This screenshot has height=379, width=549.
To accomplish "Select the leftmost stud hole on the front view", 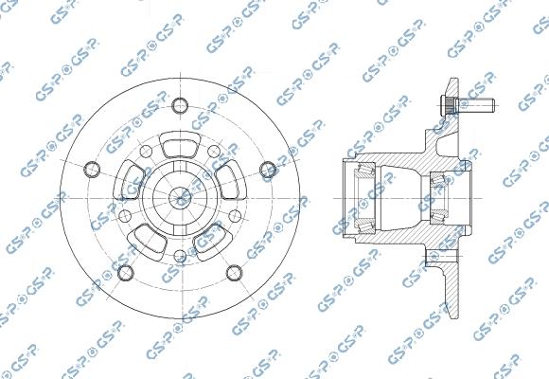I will [x=92, y=170].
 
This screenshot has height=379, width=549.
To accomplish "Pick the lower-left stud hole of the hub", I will [x=126, y=274].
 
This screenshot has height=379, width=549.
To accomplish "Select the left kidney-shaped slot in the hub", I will [x=133, y=177].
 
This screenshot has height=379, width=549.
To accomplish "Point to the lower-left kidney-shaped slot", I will [x=150, y=236].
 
